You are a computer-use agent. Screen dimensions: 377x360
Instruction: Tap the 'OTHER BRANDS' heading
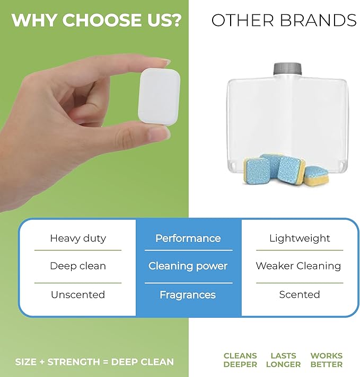284,21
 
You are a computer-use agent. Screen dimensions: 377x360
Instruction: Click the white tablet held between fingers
159,97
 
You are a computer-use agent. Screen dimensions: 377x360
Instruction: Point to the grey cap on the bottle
288,69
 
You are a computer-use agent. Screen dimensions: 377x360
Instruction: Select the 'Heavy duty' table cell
78,238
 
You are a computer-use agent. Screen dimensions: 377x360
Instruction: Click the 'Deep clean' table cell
78,266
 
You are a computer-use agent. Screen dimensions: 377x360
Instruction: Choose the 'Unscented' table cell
78,294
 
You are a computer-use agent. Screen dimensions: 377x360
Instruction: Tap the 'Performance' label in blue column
188,238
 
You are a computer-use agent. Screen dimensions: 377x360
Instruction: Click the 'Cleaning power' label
188,266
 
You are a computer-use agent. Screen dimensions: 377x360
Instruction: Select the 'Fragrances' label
188,294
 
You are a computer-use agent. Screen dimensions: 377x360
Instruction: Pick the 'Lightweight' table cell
299,238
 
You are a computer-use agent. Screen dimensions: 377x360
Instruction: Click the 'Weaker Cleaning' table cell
298,266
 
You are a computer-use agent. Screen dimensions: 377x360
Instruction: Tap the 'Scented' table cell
299,294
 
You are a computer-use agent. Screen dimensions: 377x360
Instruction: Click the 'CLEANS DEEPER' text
240,360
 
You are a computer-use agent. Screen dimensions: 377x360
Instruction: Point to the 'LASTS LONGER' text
283,360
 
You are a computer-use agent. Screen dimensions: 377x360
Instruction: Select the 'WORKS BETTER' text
326,360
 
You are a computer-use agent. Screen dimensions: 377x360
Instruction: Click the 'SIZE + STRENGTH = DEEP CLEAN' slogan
94,362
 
